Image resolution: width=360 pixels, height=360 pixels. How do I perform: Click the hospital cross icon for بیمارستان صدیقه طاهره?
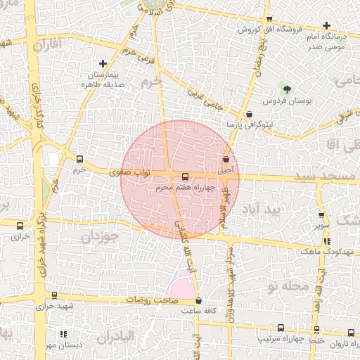click(x=103, y=64)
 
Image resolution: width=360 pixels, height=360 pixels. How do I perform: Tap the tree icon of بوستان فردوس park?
click(x=286, y=89)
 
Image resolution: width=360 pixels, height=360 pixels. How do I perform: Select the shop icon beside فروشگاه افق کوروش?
click(x=269, y=20)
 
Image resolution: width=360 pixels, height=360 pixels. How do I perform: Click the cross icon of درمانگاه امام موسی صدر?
click(x=326, y=25)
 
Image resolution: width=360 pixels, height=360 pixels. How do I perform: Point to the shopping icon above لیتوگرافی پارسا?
click(x=249, y=114)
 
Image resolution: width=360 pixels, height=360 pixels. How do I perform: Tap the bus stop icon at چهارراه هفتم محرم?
click(x=185, y=176)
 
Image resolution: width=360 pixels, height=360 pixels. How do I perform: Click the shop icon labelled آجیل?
click(x=226, y=160)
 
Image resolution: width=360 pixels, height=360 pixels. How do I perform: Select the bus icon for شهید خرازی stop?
click(x=54, y=296)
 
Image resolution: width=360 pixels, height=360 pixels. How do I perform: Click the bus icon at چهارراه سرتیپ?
click(x=281, y=328)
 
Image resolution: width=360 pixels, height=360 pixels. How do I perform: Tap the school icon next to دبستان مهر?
click(x=63, y=334)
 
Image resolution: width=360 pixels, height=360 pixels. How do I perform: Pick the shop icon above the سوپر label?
click(x=321, y=215)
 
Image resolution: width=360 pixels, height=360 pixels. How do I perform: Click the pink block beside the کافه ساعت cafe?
click(x=181, y=285)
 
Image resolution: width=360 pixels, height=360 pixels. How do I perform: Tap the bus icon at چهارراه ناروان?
click(x=351, y=333)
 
